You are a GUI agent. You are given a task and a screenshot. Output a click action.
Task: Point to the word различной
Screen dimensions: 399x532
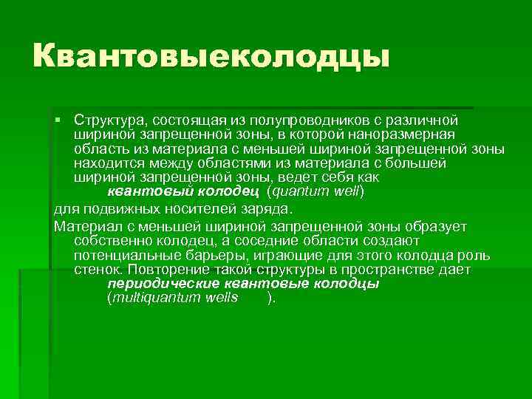428,120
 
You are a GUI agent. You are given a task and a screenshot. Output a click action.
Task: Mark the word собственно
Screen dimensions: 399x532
109,241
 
